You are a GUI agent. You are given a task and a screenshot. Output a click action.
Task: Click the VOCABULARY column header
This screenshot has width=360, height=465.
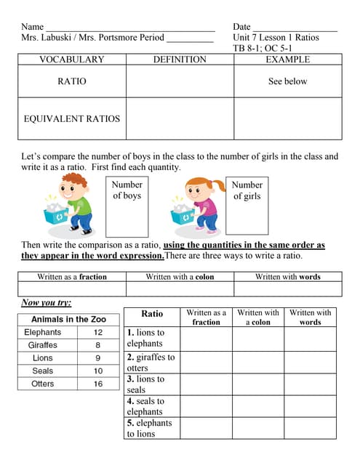click(x=71, y=60)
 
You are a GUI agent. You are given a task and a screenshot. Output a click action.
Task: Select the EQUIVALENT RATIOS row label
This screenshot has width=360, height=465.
click(x=71, y=118)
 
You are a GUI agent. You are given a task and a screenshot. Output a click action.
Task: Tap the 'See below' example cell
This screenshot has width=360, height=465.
click(x=287, y=81)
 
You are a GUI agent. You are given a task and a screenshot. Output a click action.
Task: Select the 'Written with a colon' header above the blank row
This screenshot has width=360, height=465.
click(x=180, y=277)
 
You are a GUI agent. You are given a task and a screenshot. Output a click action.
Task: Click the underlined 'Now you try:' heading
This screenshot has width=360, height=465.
click(x=47, y=302)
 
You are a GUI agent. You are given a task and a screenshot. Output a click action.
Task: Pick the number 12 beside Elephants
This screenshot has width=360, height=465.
click(x=98, y=332)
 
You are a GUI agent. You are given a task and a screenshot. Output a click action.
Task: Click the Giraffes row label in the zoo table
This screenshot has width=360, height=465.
click(x=43, y=345)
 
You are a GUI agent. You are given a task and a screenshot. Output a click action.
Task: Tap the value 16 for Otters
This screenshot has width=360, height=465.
click(x=98, y=384)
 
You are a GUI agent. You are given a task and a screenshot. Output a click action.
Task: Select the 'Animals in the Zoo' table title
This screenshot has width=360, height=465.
click(x=70, y=319)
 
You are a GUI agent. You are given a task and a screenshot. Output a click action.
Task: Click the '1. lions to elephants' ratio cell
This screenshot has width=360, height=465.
click(x=151, y=338)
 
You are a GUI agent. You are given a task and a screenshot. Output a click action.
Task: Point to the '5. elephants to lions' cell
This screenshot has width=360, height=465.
click(x=151, y=428)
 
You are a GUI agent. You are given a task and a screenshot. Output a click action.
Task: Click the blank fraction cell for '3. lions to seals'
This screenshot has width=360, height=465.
click(x=206, y=384)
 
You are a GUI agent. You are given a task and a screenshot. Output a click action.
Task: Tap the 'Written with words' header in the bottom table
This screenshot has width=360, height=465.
click(x=310, y=317)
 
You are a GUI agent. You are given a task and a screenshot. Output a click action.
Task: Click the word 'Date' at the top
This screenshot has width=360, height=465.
click(x=241, y=26)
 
